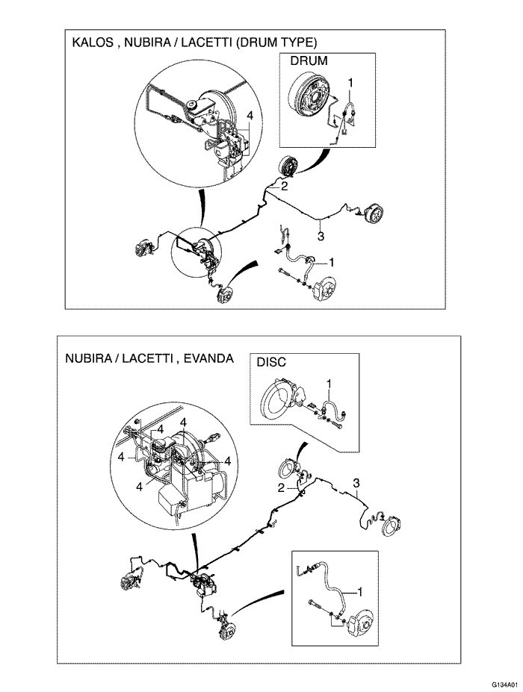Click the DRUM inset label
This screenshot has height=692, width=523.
point(309,61)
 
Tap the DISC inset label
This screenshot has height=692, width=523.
point(271,362)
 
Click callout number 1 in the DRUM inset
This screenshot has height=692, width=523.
point(350,83)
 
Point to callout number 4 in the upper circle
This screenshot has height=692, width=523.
point(250,116)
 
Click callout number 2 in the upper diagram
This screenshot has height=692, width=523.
point(284,186)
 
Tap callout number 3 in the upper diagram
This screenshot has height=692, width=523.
point(321,237)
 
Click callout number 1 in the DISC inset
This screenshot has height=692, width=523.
point(328,383)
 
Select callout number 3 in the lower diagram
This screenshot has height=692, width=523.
point(356,483)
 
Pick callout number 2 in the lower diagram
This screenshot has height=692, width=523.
point(281,488)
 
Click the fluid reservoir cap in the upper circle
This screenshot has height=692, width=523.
point(192,105)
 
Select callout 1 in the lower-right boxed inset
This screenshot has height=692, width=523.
point(359,592)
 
